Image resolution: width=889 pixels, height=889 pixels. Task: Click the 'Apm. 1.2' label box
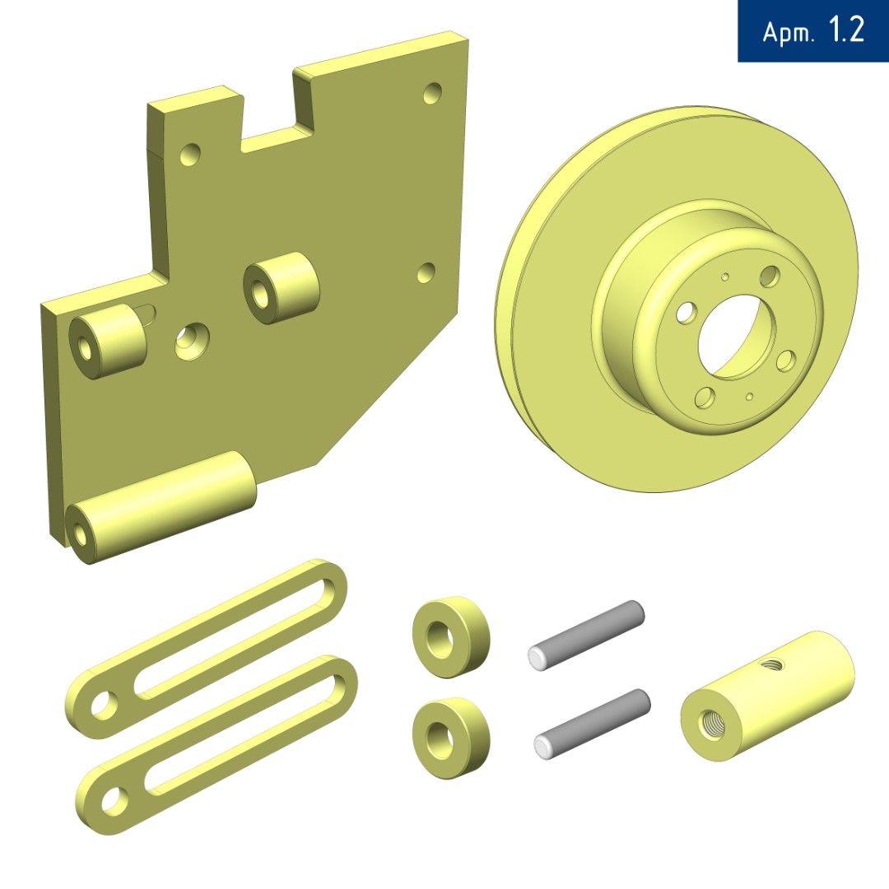point(813,30)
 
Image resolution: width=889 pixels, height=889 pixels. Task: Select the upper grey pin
point(586,635)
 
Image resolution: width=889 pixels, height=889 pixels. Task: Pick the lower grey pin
point(592,724)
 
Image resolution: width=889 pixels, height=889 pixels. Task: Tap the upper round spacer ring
point(451,636)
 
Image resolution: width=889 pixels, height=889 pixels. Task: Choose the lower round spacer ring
point(451,738)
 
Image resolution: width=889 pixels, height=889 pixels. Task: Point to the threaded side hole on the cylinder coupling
point(772,662)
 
